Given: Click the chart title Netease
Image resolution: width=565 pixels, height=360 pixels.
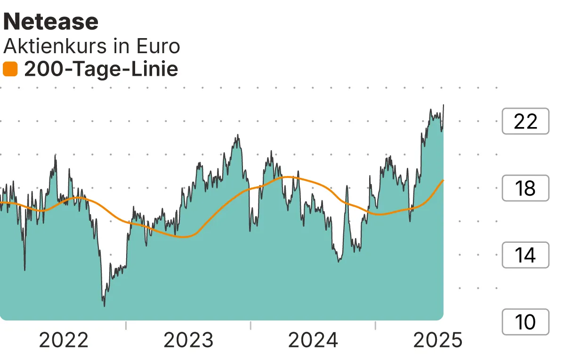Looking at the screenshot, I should click(51, 22).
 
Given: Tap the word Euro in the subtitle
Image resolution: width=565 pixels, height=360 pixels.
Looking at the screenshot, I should click(158, 46).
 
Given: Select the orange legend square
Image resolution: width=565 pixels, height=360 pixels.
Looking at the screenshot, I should click(10, 70).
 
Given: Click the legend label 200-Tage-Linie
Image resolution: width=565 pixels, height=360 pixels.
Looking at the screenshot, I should click(101, 70).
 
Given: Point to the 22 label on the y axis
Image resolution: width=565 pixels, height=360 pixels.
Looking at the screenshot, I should click(525, 121).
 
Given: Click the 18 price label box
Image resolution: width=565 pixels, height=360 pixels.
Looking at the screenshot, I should click(525, 188).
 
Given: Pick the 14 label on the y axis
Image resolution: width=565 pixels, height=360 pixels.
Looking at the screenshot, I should click(525, 255).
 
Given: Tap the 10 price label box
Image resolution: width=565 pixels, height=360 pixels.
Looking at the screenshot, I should click(525, 322).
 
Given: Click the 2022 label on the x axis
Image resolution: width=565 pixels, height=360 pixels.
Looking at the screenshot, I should click(64, 340).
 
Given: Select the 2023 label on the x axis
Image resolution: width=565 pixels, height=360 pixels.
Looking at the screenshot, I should click(188, 340).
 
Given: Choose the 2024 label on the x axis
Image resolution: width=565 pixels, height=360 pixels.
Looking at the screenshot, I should click(313, 340).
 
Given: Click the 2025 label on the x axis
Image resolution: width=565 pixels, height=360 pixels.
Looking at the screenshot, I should click(438, 340).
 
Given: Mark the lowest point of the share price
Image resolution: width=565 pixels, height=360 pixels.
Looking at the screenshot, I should click(104, 306).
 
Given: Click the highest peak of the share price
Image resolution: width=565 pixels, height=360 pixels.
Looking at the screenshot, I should click(444, 105).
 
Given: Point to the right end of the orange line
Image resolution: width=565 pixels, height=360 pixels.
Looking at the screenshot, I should click(444, 180).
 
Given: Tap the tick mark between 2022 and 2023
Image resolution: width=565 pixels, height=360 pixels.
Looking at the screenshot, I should click(126, 325).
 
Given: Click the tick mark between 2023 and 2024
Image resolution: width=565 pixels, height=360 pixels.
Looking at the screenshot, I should click(251, 325).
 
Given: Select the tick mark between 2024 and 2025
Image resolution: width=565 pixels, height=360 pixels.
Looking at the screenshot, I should click(376, 325).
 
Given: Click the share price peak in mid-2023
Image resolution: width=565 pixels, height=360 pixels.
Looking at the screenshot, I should click(238, 135).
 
